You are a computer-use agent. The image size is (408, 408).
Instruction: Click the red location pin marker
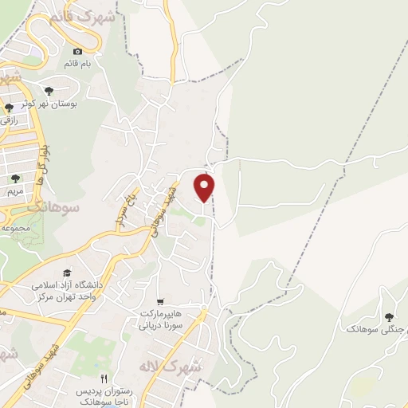[206, 186]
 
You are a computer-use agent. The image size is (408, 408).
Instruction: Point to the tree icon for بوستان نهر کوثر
[49, 91]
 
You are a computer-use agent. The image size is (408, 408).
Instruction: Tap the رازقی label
[10, 119]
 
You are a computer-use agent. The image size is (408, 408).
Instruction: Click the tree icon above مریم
[16, 178]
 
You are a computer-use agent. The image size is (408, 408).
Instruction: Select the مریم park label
[16, 192]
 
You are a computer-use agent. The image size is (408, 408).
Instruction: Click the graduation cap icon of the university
[66, 272]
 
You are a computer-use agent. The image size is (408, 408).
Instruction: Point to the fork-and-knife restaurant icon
[103, 378]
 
